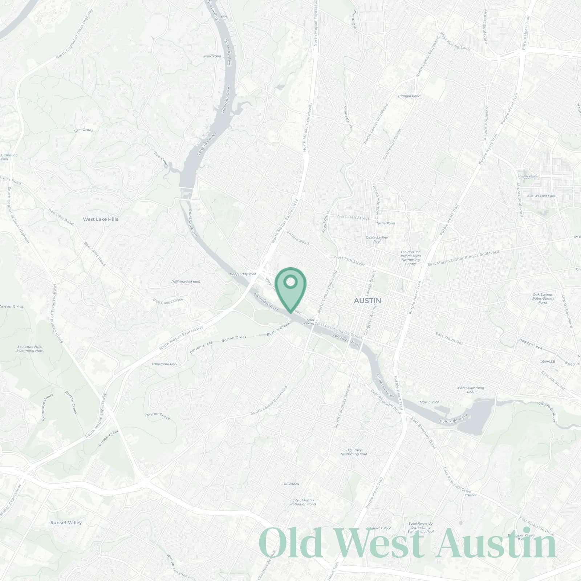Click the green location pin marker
(290, 287)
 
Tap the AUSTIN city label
(367, 301)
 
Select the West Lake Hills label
(101, 219)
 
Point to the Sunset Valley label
(66, 523)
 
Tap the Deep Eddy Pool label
(243, 274)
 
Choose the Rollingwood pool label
(186, 282)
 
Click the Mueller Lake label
(528, 177)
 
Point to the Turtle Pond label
(386, 223)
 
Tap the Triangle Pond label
(409, 96)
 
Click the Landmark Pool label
(164, 364)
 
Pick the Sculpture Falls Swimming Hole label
(30, 349)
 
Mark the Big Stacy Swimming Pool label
(354, 452)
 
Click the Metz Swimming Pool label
(471, 390)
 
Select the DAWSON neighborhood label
(292, 484)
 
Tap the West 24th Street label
(353, 217)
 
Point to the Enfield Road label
(298, 237)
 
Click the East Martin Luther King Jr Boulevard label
(463, 258)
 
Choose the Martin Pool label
(429, 402)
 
